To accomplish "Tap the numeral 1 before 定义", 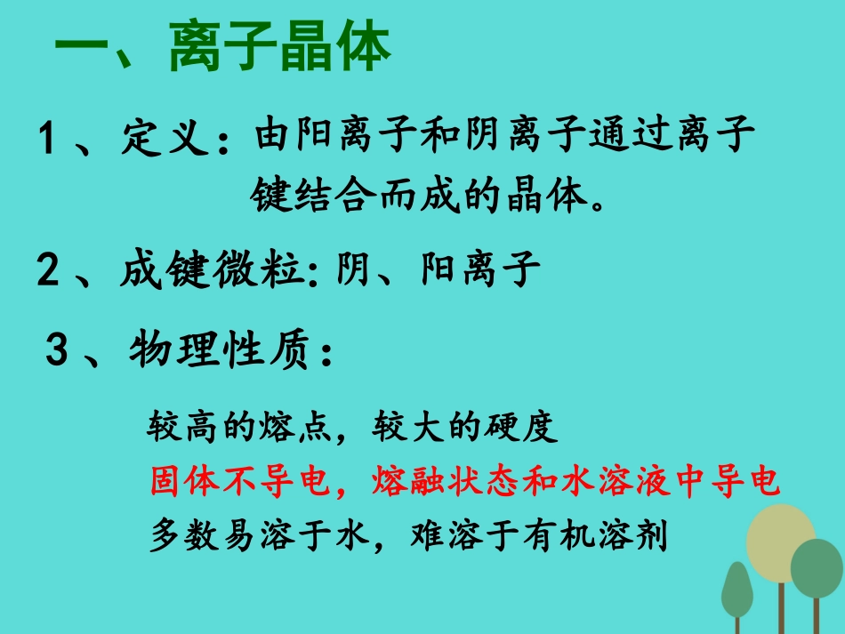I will tap(48, 140).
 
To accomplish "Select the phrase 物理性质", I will tap(219, 353).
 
